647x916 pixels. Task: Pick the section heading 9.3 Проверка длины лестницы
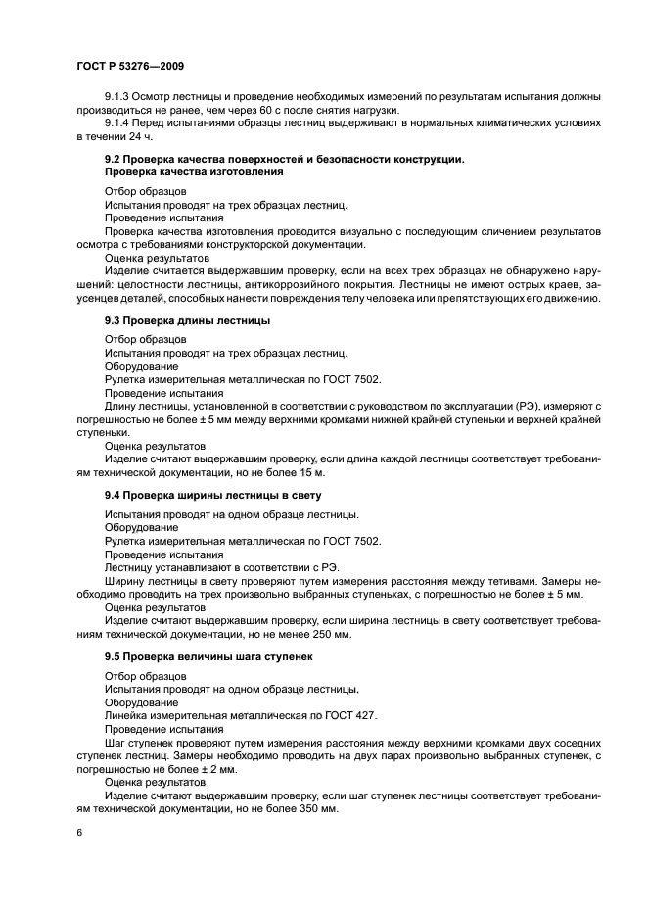click(188, 321)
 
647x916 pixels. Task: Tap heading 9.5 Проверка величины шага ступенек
click(208, 656)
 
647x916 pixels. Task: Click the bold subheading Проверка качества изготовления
click(194, 171)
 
